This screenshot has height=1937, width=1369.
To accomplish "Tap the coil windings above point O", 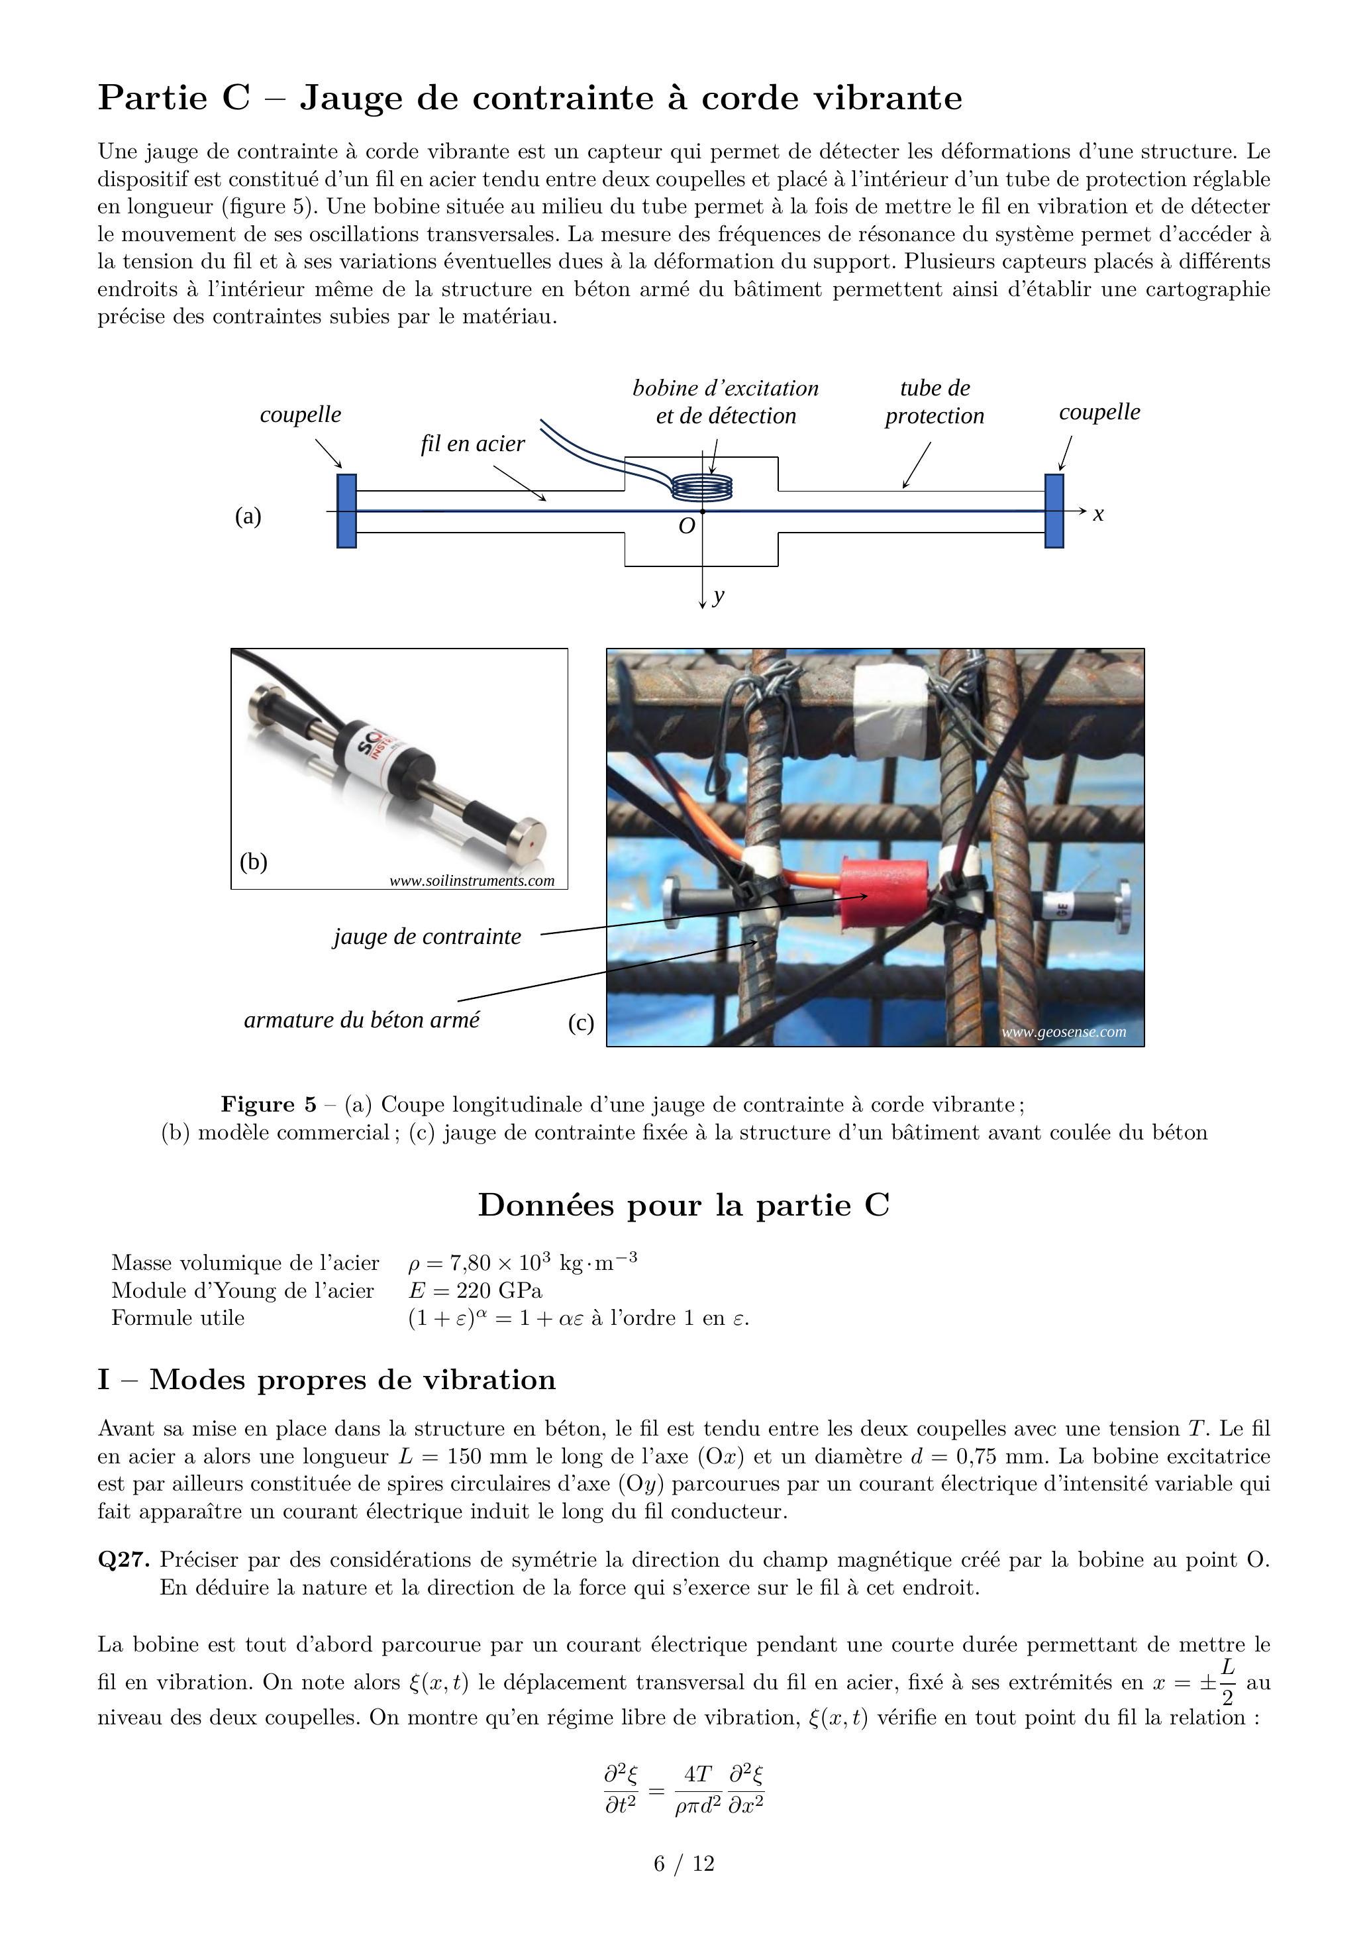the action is (x=702, y=487).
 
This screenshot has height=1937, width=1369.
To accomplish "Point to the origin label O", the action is (x=687, y=527).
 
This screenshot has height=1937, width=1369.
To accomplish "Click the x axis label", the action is (x=1098, y=514).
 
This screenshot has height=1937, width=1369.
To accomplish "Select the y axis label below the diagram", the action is (x=719, y=596).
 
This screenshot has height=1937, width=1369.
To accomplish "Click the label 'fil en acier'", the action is (x=472, y=444).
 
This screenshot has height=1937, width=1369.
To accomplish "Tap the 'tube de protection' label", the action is (x=935, y=401).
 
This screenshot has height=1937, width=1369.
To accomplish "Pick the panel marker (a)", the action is (x=248, y=515).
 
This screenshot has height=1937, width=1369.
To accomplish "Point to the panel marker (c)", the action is (x=581, y=1023).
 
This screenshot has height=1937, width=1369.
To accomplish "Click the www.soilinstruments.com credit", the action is (x=472, y=881).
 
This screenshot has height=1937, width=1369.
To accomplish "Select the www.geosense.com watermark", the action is (x=1064, y=1032).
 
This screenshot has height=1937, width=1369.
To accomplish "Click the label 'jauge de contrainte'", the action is (x=427, y=937).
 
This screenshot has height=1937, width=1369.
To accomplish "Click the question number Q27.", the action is (x=124, y=1560).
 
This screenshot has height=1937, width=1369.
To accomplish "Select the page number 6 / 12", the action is (x=684, y=1863).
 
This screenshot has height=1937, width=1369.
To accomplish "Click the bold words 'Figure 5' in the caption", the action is (x=268, y=1105).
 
